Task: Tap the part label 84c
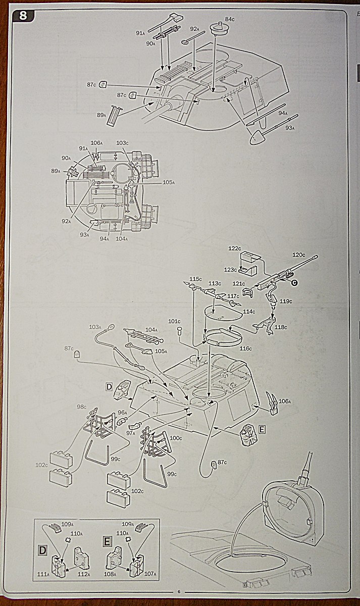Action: click(x=230, y=19)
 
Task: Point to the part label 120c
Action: click(x=299, y=255)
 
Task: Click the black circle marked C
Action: click(x=294, y=283)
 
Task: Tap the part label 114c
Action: click(x=249, y=311)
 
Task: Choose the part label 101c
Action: click(x=174, y=321)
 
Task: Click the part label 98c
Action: click(x=81, y=407)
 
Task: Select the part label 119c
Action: click(x=286, y=301)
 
